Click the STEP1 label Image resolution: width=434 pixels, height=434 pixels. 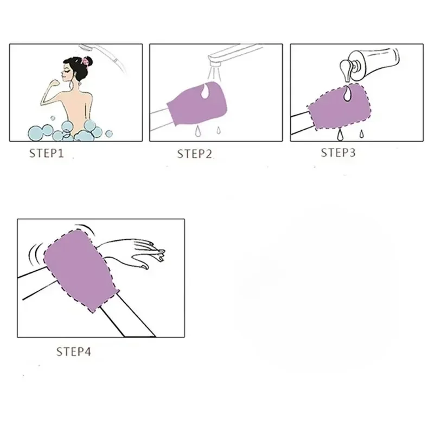pos(46,154)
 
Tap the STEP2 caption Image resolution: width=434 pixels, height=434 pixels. pos(194,154)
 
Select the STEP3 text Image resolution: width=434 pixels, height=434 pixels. pos(338,152)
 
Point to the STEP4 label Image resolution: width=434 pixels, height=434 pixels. pos(74,351)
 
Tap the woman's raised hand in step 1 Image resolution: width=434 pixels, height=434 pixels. pos(55,76)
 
